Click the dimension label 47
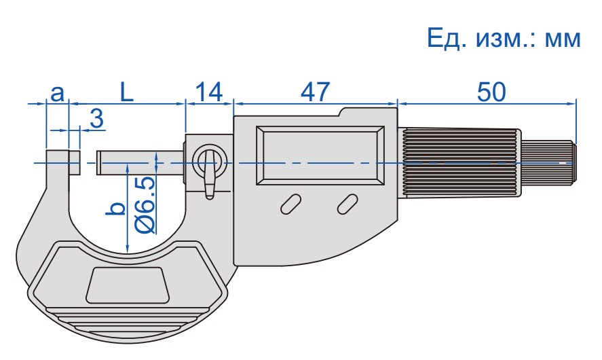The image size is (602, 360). (x=315, y=92)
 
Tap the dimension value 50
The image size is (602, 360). (x=491, y=92)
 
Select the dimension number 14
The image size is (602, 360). (x=209, y=92)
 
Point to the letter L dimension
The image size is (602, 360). (x=127, y=92)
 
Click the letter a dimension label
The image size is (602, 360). (x=57, y=93)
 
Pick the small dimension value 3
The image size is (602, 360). (x=97, y=118)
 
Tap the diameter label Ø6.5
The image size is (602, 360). (x=145, y=205)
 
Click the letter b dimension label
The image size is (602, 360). (x=115, y=209)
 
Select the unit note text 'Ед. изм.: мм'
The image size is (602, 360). (x=504, y=38)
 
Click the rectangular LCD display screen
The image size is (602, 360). (x=320, y=156)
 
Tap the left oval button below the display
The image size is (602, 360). (x=290, y=204)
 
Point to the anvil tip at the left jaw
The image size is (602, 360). (x=75, y=162)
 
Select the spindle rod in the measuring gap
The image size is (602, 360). (x=140, y=162)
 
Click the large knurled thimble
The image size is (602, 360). (x=459, y=163)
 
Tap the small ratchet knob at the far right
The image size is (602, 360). (x=548, y=163)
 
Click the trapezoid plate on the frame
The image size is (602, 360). (x=128, y=285)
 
